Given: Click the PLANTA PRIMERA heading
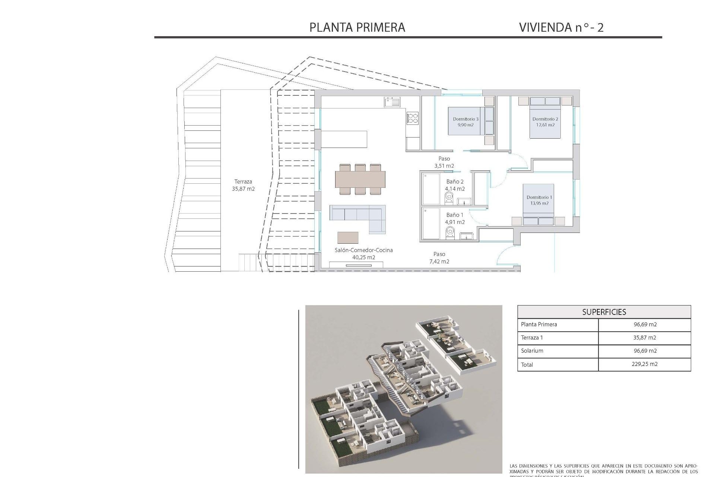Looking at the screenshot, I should (357, 27).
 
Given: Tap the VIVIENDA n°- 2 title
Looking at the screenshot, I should (561, 27).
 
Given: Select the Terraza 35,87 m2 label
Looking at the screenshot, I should (243, 185).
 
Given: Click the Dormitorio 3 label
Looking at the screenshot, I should (465, 122).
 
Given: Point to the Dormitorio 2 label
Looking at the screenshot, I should (545, 122).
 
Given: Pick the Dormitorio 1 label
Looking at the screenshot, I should (539, 200).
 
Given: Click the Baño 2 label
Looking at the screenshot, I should (455, 185).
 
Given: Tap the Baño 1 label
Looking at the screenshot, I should (455, 218).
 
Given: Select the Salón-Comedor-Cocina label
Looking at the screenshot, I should (363, 253).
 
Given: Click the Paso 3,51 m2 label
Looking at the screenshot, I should (444, 162).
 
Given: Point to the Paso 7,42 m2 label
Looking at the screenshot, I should (439, 258).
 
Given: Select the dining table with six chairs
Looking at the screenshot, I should (360, 179).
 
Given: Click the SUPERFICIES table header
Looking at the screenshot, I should (604, 312).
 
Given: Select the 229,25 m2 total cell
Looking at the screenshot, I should (645, 364).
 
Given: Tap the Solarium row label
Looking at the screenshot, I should (532, 351).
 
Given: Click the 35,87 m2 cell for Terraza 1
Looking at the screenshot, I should (645, 338).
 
